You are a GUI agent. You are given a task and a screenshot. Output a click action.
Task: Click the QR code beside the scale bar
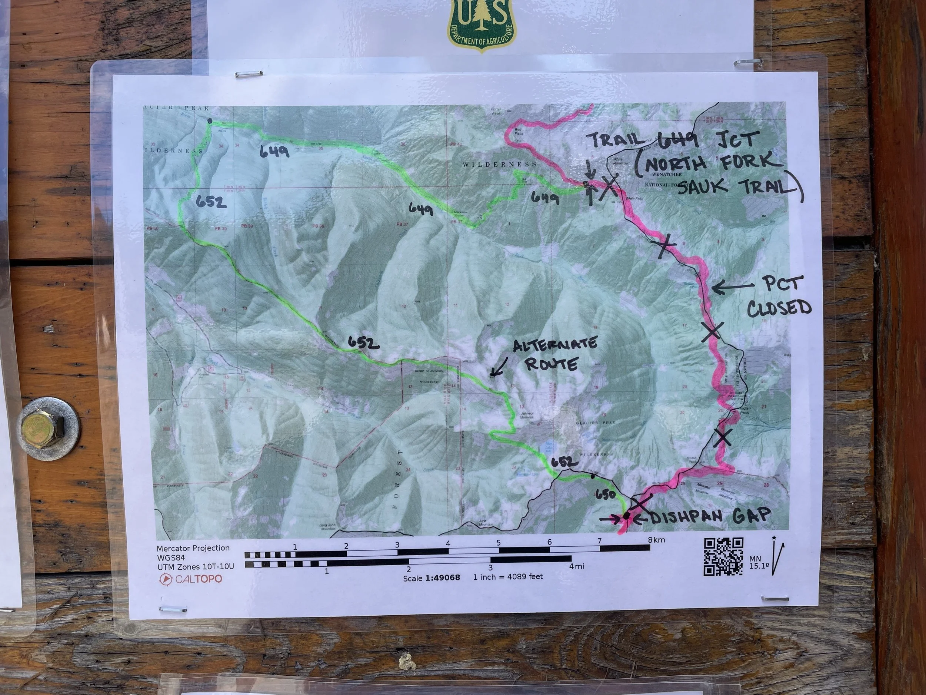pyautogui.click(x=723, y=557)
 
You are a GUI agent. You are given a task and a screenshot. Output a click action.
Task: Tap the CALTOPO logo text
pyautogui.click(x=199, y=579)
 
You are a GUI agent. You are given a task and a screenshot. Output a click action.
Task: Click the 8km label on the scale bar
pyautogui.click(x=656, y=540)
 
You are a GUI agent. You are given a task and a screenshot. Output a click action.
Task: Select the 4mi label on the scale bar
pyautogui.click(x=576, y=566)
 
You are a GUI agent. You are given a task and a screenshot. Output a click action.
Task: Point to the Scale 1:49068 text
pyautogui.click(x=431, y=578)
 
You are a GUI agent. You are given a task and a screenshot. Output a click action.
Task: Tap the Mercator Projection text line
pyautogui.click(x=193, y=548)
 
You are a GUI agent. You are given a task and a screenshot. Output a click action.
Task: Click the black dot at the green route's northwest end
pyautogui.click(x=210, y=121)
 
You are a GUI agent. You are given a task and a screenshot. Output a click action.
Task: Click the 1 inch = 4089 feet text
pyautogui.click(x=508, y=577)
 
